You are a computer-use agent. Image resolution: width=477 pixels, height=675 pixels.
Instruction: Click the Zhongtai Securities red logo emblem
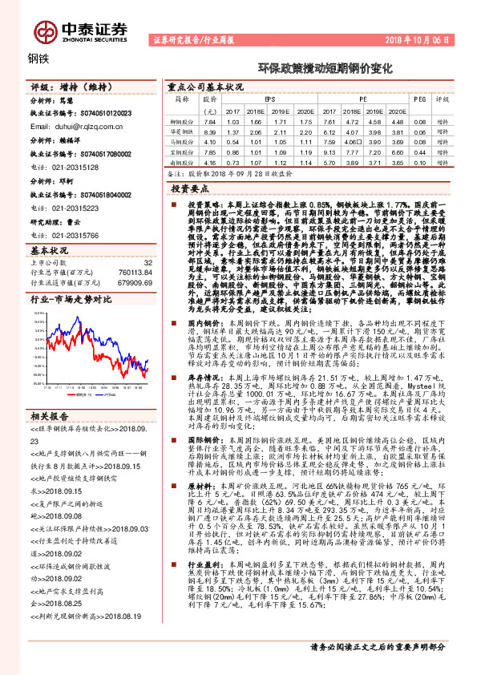pos(42,30)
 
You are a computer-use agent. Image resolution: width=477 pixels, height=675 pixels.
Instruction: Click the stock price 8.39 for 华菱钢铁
pos(211,131)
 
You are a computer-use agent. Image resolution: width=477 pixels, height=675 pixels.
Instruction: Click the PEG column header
pos(418,99)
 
